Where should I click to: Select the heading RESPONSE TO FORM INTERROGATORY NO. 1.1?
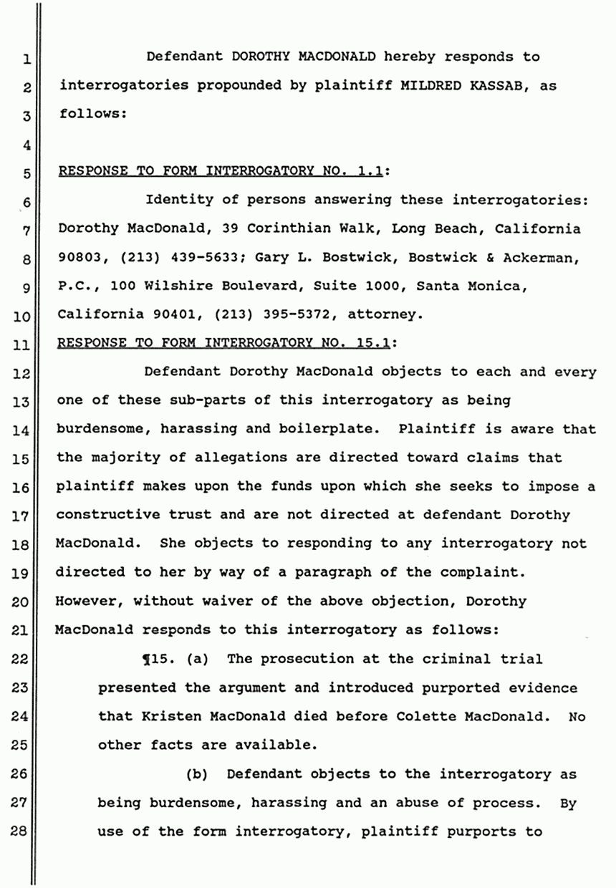(223, 171)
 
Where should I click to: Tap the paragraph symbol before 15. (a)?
(148, 658)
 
